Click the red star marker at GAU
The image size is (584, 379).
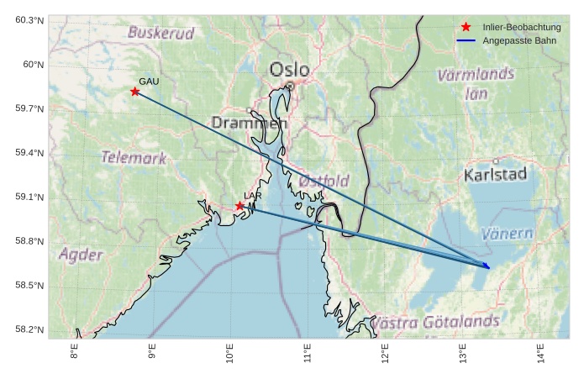(134, 92)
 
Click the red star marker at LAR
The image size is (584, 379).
(239, 206)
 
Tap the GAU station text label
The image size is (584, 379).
(149, 82)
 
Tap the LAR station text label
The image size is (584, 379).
(253, 196)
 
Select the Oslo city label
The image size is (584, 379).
(290, 70)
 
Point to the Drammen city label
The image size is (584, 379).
(250, 123)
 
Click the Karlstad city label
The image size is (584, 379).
(495, 175)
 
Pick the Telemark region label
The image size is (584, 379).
(134, 157)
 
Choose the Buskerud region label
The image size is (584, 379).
(160, 34)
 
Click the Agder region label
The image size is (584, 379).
(82, 255)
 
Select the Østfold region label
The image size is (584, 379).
(324, 181)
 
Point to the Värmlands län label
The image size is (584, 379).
(476, 83)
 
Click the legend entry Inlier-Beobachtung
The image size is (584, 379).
(521, 27)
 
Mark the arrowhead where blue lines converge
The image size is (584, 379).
(488, 267)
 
